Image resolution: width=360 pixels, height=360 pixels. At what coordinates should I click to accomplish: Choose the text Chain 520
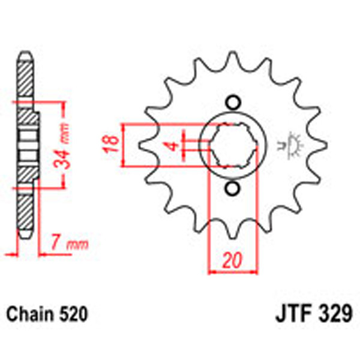point(47,314)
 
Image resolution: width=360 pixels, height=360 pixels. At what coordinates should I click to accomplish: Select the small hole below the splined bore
point(231,189)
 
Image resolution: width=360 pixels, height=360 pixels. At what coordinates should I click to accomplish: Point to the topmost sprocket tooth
point(231,61)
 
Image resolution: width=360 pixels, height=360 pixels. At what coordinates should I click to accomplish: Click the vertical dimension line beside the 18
point(122,145)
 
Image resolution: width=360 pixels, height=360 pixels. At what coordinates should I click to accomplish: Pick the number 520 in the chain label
point(74,314)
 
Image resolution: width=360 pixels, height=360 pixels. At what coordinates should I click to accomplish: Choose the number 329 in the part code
point(334,314)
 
